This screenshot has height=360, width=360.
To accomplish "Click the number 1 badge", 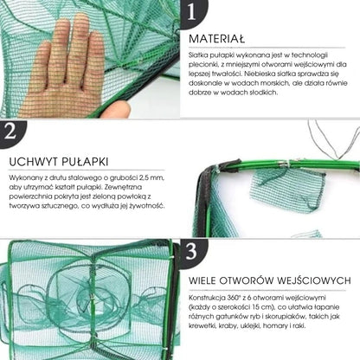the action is [193, 13].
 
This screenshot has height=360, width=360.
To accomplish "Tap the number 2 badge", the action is [11, 132].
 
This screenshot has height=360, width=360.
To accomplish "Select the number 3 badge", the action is [193, 252].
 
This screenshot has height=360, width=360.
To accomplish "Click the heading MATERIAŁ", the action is [217, 39].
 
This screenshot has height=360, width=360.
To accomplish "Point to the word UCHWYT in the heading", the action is [30, 162].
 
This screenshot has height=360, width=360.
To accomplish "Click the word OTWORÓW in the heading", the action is [247, 280].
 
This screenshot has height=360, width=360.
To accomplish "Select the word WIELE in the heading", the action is [202, 280].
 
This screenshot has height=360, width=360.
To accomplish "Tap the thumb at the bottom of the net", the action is [115, 109].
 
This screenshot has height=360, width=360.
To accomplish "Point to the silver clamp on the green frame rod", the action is [284, 164].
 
